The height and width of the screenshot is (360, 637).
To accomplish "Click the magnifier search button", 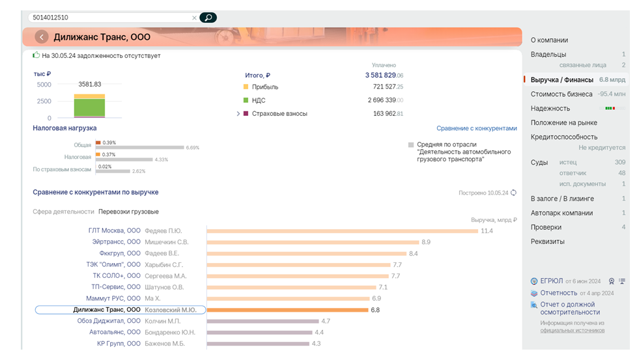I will coord(208,18).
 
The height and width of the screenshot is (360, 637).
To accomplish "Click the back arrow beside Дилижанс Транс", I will coord(42,37).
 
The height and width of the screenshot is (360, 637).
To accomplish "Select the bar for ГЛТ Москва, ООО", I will coord(342,231).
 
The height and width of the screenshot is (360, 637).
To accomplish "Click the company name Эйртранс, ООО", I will coord(117,242).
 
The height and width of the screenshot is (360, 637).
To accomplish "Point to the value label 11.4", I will coord(487,231).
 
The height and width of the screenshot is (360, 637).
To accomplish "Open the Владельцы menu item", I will coord(548,55).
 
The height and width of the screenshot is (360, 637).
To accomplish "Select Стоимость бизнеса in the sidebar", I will coord(561,94).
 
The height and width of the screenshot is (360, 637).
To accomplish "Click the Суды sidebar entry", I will coord(539,162).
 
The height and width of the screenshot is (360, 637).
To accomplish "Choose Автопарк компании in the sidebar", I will coord(561,213).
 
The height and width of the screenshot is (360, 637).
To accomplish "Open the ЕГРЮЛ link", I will coord(551,281).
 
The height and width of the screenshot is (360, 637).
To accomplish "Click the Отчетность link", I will coord(558,293).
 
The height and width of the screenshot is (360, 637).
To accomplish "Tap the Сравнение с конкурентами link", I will coord(476,129).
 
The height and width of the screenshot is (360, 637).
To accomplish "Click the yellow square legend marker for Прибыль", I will coord(246,87).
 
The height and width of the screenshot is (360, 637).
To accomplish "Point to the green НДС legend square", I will coord(246,100).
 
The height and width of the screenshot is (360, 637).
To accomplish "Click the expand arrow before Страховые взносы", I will coord(238,114).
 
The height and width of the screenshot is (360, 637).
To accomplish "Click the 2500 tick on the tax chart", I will coord(44,102).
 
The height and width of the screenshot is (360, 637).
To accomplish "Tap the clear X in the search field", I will coord(194,18).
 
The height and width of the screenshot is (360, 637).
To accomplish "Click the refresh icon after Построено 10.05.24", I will coord(513,193).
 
